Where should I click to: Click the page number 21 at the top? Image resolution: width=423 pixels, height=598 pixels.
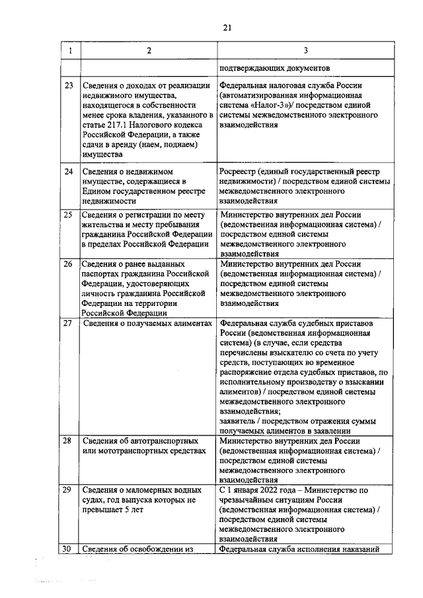[x=227, y=27]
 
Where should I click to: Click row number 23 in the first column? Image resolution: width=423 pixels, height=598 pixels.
[x=68, y=86]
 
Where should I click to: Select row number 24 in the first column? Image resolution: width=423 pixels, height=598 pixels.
[x=68, y=172]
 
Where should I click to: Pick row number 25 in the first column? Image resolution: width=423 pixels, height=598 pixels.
[x=68, y=215]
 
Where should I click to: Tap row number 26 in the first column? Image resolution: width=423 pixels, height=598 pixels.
[x=68, y=264]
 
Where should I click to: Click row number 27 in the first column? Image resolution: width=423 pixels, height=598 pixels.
[x=68, y=323]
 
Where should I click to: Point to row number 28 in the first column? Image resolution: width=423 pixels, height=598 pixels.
[x=68, y=441]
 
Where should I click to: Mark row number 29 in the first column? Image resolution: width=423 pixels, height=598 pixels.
[x=68, y=490]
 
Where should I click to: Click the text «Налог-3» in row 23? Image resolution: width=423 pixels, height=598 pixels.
[x=273, y=105]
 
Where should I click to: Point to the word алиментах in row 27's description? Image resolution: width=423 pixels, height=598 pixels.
[x=190, y=323]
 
